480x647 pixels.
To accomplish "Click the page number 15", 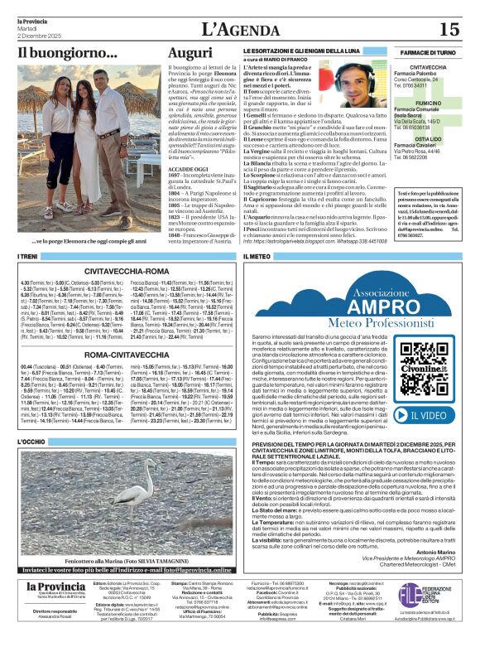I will [x=449, y=29].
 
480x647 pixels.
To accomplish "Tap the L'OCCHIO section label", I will [x=33, y=442].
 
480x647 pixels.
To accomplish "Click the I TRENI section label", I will [x=31, y=258].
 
